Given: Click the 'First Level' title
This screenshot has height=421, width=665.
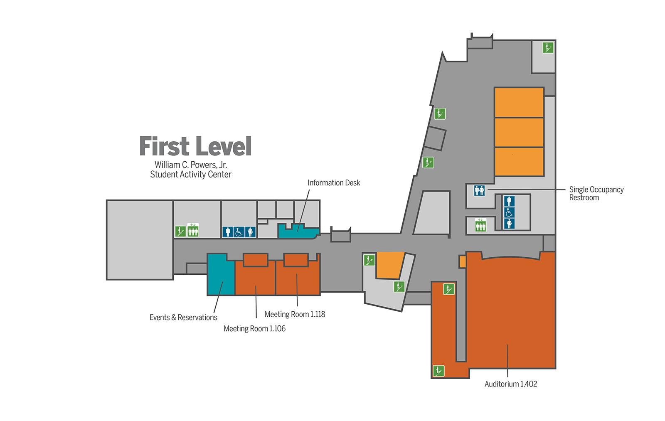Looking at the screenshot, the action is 195,146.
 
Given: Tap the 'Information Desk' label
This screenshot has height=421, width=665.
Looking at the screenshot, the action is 334,183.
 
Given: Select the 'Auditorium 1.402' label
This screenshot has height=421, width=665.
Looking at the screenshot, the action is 511,384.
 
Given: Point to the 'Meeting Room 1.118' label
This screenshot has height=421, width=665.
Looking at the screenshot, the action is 295,314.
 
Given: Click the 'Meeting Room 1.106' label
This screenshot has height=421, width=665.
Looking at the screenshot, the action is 254,328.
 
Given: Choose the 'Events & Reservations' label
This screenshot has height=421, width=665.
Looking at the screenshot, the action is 183,318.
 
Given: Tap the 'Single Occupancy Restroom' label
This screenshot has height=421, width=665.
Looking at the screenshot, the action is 596,193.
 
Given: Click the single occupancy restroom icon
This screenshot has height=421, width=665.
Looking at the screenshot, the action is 479,190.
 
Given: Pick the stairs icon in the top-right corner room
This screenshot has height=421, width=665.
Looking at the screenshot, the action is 548,47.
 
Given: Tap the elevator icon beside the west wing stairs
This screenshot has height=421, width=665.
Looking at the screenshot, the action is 193,230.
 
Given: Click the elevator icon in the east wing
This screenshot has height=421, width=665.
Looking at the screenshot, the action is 480,225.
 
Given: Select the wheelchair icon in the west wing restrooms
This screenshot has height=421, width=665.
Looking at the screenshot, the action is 239,232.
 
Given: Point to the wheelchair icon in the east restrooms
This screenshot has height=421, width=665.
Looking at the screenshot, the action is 509,213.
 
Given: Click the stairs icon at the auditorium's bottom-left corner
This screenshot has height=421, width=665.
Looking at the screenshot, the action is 438,371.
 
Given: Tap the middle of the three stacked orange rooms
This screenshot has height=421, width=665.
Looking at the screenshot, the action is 519,133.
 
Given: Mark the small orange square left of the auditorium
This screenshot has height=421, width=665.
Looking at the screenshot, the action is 462,261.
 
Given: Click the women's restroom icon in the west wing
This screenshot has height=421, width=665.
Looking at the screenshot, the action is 250,232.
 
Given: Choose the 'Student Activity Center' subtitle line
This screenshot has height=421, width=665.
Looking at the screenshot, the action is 191,174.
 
